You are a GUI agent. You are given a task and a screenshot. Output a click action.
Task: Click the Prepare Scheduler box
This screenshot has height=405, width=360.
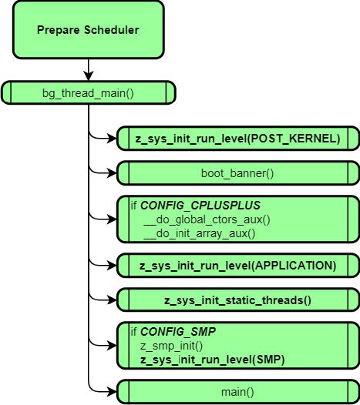click(x=89, y=30)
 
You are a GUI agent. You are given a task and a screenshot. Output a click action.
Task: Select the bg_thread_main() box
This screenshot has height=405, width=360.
click(x=89, y=92)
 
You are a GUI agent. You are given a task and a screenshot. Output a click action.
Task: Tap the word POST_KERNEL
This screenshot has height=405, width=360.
click(x=292, y=139)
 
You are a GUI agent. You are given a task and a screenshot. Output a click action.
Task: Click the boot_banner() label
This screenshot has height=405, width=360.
click(x=237, y=173)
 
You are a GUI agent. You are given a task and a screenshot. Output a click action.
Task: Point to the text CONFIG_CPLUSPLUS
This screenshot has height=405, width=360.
click(x=200, y=206)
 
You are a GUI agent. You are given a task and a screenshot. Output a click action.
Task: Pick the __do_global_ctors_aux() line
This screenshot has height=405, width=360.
click(x=207, y=219)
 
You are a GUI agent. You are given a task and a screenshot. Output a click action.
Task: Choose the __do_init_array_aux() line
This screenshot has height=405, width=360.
click(x=200, y=234)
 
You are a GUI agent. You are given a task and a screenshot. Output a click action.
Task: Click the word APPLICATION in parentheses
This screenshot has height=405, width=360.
click(x=294, y=266)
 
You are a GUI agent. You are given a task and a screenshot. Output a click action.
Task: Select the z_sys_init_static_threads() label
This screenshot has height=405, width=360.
click(x=237, y=300)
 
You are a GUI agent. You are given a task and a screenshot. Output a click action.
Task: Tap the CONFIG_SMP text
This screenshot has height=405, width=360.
click(x=178, y=332)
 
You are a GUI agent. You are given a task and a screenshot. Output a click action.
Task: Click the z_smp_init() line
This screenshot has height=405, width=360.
click(x=171, y=346)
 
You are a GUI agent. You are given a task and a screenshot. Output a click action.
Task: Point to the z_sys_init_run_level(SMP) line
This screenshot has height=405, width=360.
click(x=212, y=360)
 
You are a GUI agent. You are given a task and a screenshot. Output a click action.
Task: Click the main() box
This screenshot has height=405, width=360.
click(x=238, y=392)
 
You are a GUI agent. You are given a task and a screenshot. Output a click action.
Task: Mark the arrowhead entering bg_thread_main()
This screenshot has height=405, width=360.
click(x=89, y=76)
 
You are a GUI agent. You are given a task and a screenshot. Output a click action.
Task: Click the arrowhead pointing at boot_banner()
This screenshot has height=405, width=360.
click(x=113, y=173)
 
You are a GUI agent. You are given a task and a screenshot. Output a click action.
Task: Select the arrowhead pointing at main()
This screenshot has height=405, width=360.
click(x=113, y=392)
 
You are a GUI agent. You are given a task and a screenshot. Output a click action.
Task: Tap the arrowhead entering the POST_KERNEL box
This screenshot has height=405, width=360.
click(x=113, y=139)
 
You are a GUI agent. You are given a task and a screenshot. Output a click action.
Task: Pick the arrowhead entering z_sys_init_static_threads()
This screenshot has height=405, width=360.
click(x=113, y=300)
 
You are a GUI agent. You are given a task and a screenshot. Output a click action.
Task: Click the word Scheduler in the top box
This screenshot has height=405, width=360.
click(x=112, y=30)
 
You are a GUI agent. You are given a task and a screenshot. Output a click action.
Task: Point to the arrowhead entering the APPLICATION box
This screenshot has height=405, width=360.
click(x=113, y=266)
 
